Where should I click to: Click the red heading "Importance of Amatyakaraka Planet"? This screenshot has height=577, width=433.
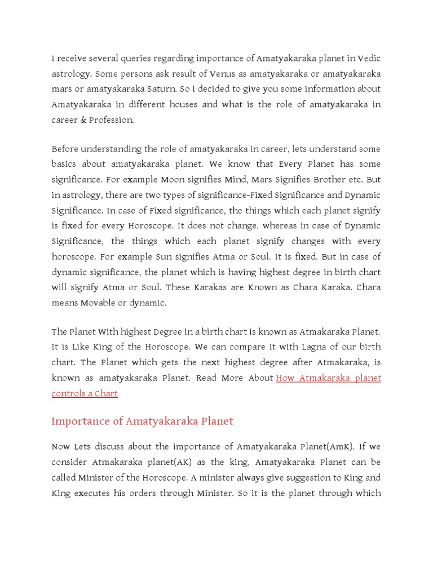coord(142,421)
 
